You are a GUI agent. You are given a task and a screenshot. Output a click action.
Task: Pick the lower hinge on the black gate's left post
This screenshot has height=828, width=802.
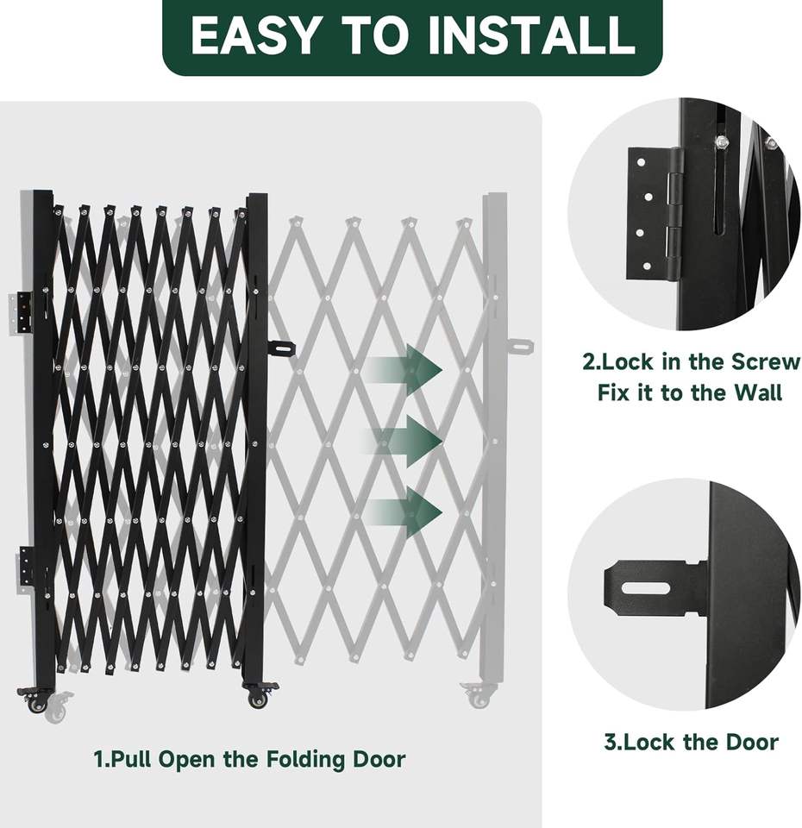[25, 565]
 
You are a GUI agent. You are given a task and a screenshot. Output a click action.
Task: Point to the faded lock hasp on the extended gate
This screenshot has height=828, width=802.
[520, 347]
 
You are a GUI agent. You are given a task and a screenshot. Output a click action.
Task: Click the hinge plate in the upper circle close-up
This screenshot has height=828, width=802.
[654, 213]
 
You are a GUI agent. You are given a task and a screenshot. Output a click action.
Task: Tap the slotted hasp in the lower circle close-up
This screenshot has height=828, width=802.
[655, 587]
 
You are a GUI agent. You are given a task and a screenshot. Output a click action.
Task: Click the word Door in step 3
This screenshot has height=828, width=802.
[752, 742]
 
